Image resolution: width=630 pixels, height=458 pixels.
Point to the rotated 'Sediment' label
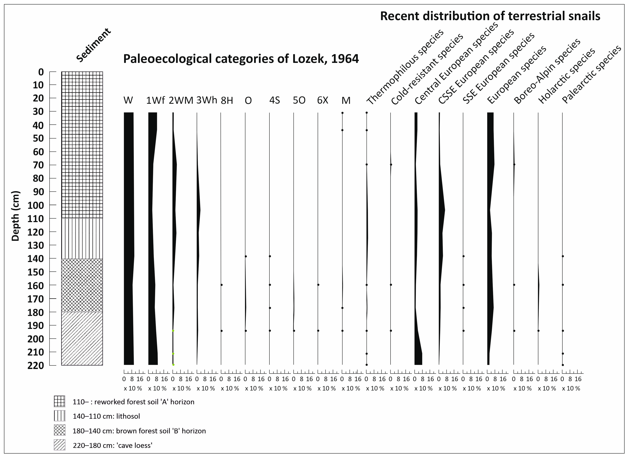click(x=94, y=45)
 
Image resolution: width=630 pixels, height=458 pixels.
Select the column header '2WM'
click(x=181, y=100)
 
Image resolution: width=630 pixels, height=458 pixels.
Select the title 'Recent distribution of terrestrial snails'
click(x=490, y=16)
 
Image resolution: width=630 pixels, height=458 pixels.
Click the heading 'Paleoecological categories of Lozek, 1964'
click(x=241, y=59)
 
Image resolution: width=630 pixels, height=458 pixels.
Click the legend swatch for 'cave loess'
click(x=59, y=445)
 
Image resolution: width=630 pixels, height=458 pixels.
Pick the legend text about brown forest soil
click(x=139, y=431)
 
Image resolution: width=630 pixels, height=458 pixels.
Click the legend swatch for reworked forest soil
click(x=59, y=401)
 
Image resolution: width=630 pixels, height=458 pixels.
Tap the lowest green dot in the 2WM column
click(x=173, y=364)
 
